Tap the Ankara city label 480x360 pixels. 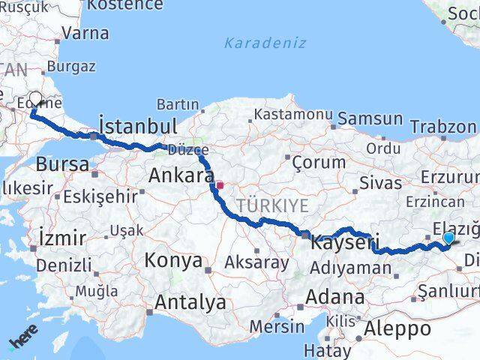[x=181, y=175]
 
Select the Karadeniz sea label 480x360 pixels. [x=266, y=43]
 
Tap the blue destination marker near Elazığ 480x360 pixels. [x=448, y=238]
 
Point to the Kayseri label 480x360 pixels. [x=340, y=243]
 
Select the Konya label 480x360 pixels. [x=173, y=261]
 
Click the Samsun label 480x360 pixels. [x=370, y=118]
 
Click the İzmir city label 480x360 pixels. [x=61, y=238]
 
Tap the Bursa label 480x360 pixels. [x=62, y=163]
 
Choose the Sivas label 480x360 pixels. [x=376, y=181]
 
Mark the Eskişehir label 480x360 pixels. [x=100, y=196]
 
